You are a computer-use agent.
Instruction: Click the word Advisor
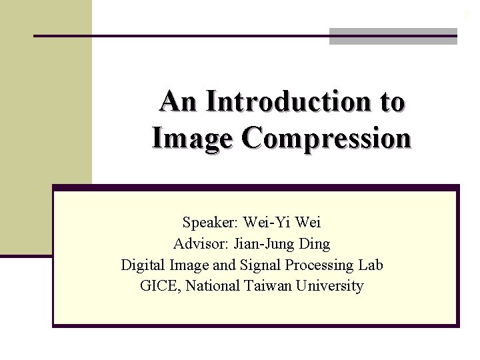pos(198,243)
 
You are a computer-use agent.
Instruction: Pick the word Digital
pos(142,265)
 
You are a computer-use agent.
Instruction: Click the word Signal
pos(259,265)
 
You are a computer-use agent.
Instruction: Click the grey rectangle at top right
pos(393,36)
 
